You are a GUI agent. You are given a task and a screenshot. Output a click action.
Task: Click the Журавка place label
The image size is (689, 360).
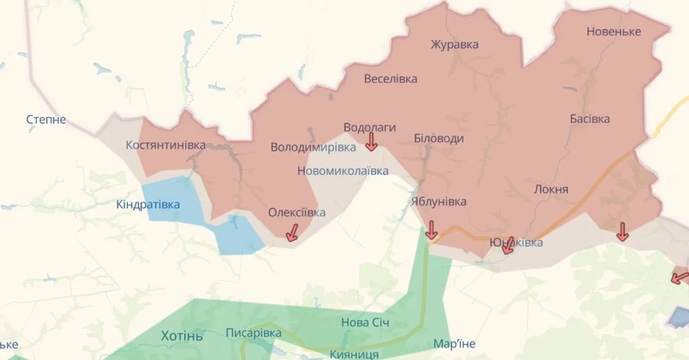pyautogui.click(x=454, y=44)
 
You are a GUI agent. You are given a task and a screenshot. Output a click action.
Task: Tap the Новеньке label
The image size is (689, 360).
pyautogui.click(x=614, y=31)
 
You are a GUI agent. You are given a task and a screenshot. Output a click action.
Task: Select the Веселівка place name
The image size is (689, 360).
pyautogui.click(x=390, y=79)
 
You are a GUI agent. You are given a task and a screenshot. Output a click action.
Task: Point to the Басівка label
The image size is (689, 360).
pyautogui.click(x=589, y=119)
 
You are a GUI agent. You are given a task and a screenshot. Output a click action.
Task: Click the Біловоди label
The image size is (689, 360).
pyautogui.click(x=438, y=139)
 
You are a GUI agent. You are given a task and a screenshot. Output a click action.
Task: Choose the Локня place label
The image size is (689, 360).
pyautogui.click(x=551, y=189)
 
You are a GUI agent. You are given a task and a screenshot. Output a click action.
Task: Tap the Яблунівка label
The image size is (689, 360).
pyautogui.click(x=438, y=201)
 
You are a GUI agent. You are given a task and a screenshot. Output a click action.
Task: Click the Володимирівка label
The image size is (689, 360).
pyautogui.click(x=313, y=146)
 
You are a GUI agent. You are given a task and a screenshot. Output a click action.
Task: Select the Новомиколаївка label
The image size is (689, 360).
pyautogui.click(x=342, y=171)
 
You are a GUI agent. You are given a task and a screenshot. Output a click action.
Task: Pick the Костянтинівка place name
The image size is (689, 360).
pyautogui.click(x=165, y=144)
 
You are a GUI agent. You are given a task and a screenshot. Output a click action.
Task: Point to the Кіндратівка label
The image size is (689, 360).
pyautogui.click(x=149, y=205)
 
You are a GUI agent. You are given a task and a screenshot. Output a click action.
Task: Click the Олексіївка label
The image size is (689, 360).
pyautogui.click(x=296, y=212)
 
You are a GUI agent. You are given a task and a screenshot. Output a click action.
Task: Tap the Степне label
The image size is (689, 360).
pyautogui.click(x=46, y=119)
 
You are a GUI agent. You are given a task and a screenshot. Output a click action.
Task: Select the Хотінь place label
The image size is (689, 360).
pyautogui.click(x=182, y=335)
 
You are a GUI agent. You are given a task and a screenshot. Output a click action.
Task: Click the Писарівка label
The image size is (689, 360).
pyautogui.click(x=253, y=333)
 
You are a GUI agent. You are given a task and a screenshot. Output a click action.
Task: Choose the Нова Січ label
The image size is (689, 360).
pyautogui.click(x=365, y=322)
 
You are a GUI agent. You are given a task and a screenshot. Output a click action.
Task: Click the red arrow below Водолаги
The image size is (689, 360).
pyautogui.click(x=371, y=142)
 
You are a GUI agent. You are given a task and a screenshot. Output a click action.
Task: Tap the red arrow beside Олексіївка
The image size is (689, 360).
pyautogui.click(x=292, y=233)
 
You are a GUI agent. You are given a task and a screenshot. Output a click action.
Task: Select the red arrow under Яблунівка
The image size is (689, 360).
pyautogui.click(x=431, y=230)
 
